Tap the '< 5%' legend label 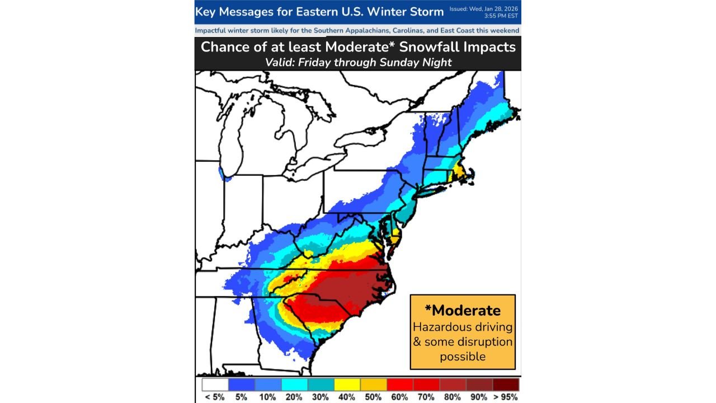[x=215, y=397]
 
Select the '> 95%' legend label [x=505, y=397]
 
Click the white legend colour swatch [x=215, y=385]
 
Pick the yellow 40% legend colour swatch [x=347, y=385]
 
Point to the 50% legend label [x=373, y=397]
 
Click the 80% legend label [x=453, y=397]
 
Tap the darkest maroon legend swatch [x=506, y=385]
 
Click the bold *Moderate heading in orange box [x=463, y=310]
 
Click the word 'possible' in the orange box [x=463, y=356]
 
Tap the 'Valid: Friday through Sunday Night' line [x=358, y=62]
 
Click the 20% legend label [x=294, y=397]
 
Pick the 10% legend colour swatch [x=267, y=385]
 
